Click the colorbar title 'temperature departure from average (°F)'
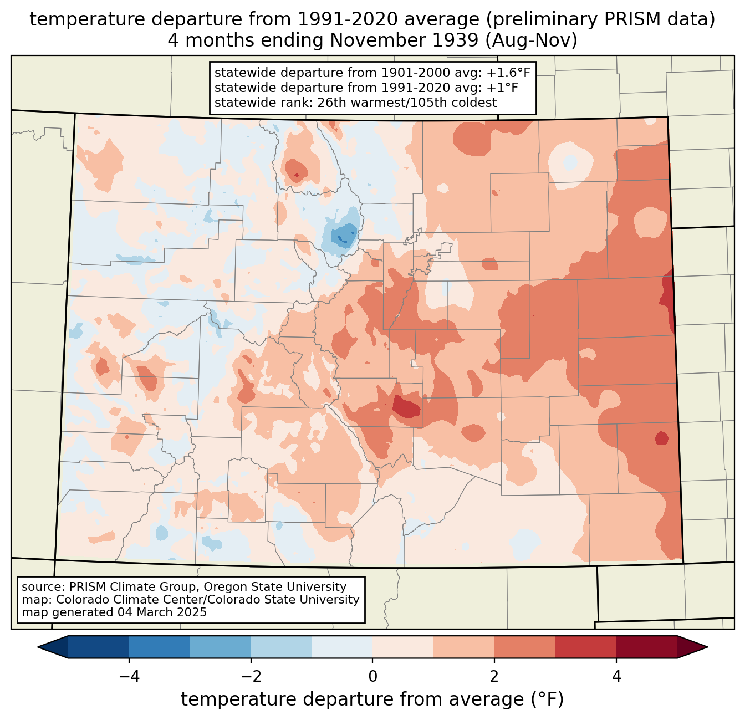point(372,699)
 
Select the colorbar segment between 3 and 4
point(586,647)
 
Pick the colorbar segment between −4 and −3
point(160,647)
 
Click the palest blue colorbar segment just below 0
point(342,647)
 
